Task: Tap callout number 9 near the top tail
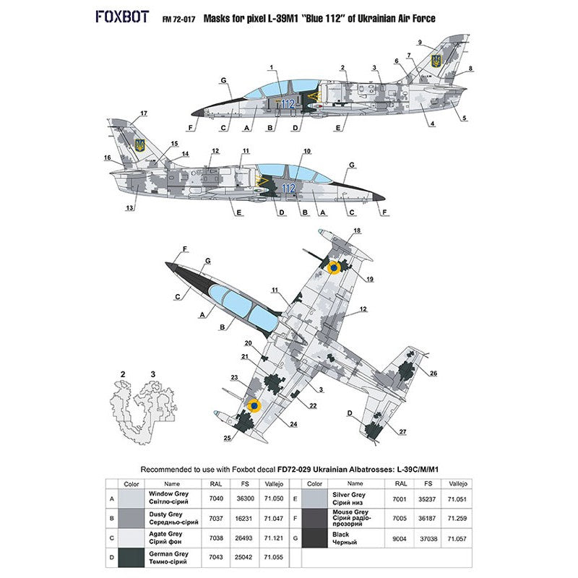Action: [x=439, y=43]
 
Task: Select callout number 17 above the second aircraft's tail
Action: [x=144, y=113]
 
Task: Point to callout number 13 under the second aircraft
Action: [x=130, y=208]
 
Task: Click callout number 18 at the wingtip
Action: [x=357, y=230]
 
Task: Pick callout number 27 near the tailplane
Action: [x=403, y=432]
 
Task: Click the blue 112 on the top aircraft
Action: [x=288, y=103]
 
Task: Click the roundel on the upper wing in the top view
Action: [x=333, y=269]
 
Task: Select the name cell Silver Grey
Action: [x=346, y=499]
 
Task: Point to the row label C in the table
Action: [x=111, y=539]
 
